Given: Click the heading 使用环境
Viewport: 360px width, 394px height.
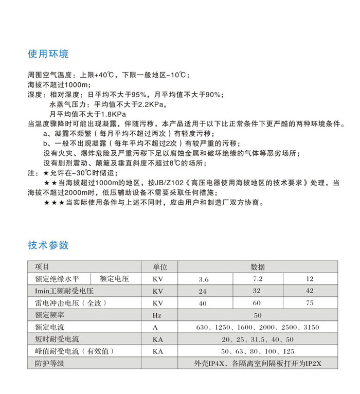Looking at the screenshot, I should point(48,55).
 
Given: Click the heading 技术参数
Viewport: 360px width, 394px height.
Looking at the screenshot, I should point(48,245).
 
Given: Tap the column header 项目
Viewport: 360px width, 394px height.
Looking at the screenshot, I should point(42,267).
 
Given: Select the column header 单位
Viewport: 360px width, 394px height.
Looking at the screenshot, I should point(160,267).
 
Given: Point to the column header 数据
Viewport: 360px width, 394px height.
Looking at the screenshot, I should point(258,267).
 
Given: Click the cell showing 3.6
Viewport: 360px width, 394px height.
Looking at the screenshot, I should point(204,279).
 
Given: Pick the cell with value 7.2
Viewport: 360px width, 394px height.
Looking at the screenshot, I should point(257,279).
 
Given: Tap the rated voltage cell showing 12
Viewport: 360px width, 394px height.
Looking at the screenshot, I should point(310,279).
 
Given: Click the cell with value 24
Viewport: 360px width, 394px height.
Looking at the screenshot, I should point(203,291).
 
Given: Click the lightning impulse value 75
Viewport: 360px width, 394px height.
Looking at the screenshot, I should point(310,303).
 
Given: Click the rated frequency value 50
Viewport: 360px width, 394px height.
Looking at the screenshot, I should point(258,315).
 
